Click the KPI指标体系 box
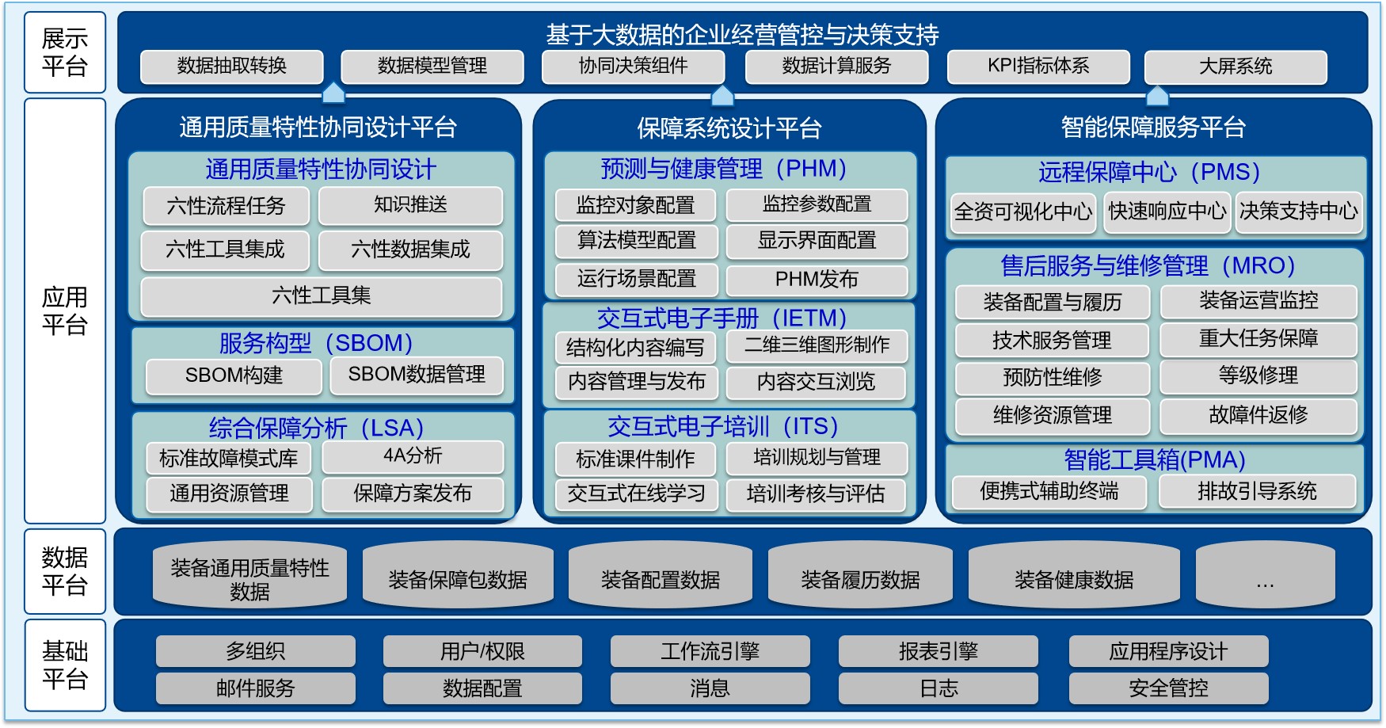(1038, 67)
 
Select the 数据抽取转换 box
(232, 67)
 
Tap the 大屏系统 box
(1236, 67)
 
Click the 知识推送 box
(410, 205)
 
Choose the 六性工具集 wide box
(322, 296)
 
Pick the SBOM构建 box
(234, 375)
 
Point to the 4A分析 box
(413, 456)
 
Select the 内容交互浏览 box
(816, 382)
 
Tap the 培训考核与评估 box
(816, 494)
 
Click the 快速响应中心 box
(1167, 212)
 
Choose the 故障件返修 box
(1258, 416)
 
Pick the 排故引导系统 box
(1258, 492)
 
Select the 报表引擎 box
(939, 651)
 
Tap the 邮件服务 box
(256, 688)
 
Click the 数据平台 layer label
(65, 571)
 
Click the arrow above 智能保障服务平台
(1157, 95)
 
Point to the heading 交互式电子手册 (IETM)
(722, 318)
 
